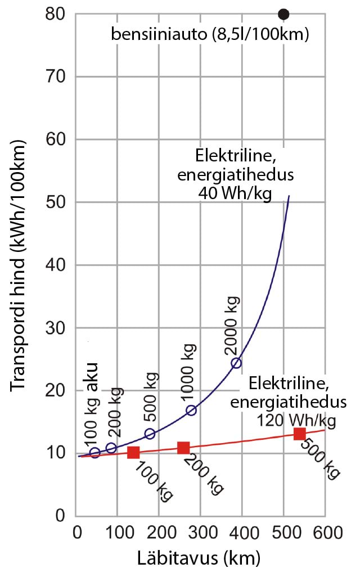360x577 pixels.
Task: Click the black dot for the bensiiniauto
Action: point(283,14)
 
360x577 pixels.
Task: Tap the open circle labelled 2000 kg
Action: point(236,363)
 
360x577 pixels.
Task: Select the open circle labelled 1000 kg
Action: point(191,410)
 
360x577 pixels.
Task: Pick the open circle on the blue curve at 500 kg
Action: point(150,434)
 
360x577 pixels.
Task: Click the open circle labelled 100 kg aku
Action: point(94,453)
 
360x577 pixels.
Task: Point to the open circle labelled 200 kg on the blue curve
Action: point(111,448)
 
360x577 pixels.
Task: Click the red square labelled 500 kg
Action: point(299,434)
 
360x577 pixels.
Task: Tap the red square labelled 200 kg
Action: point(183,448)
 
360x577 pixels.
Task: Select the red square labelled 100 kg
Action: point(133,452)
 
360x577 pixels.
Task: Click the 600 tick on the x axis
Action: point(325,531)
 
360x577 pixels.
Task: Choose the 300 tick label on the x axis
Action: point(200,531)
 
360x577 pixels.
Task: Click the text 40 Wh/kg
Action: point(235,193)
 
